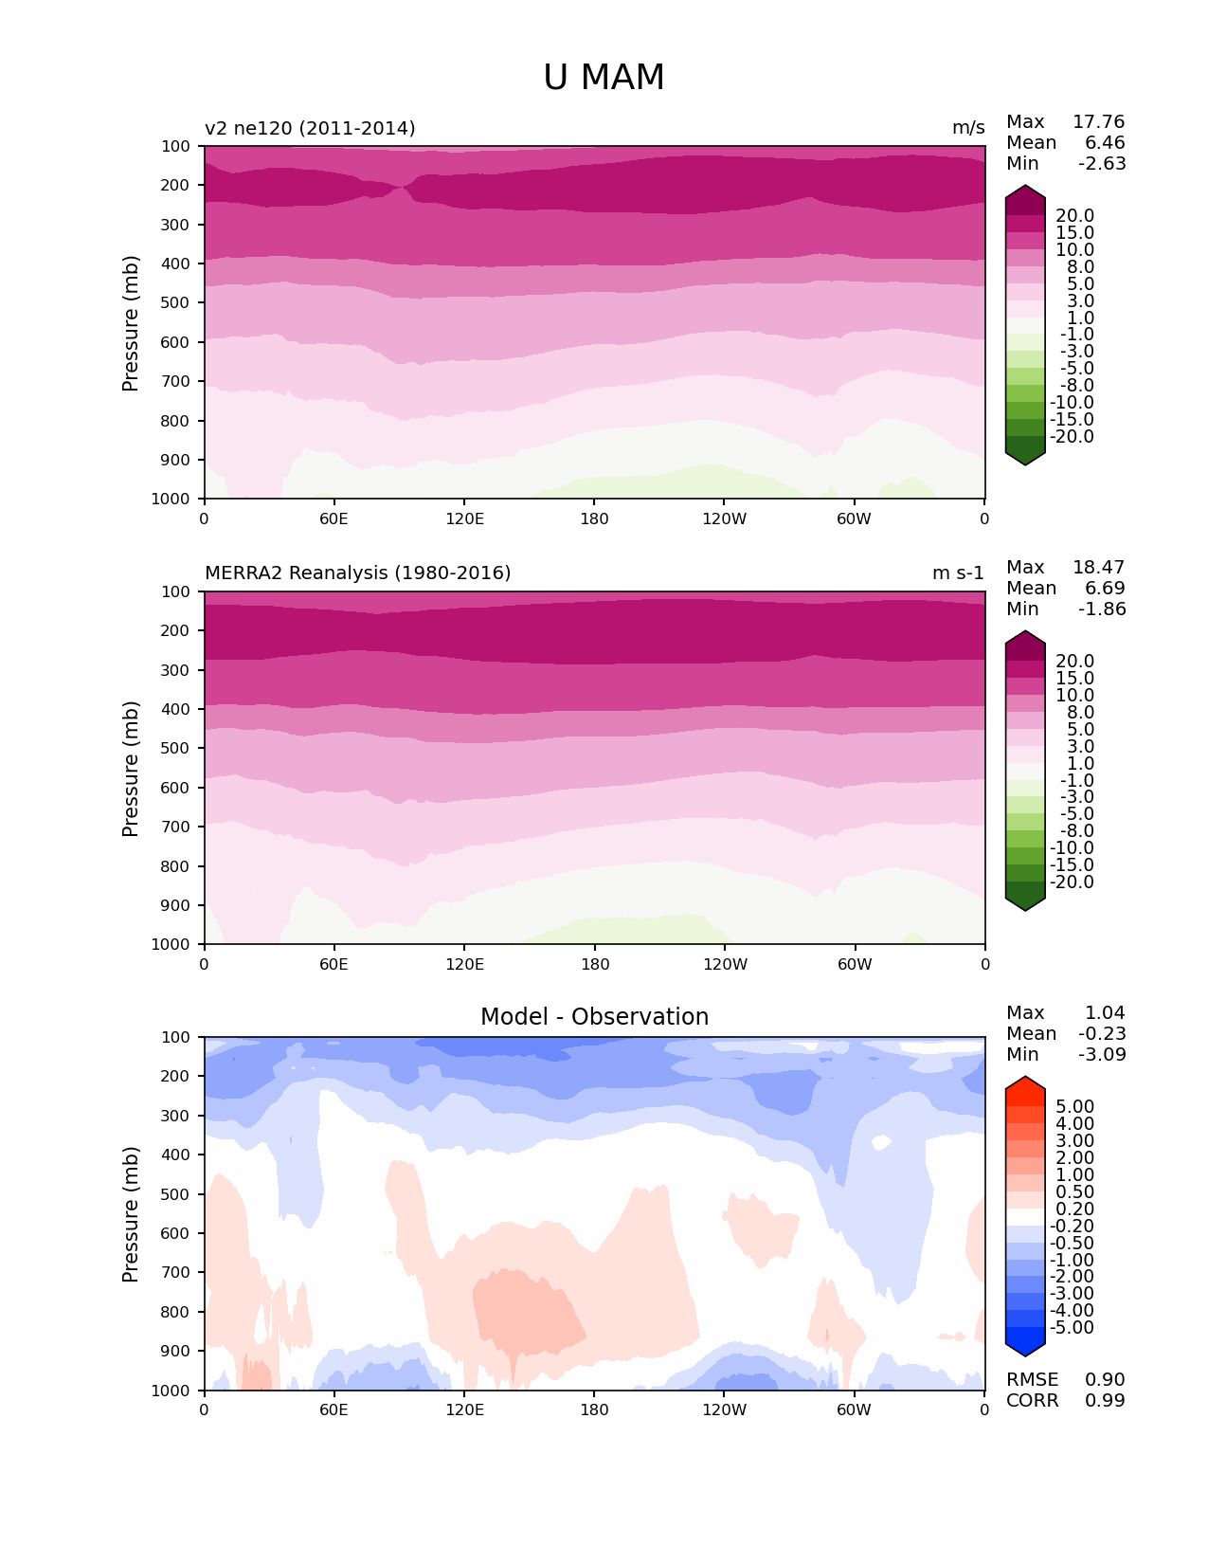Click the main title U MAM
pos(604,78)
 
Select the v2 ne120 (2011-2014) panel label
pos(310,129)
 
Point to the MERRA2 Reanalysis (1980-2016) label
pos(357,573)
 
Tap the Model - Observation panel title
pos(594,1017)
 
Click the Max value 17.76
pos(1098,122)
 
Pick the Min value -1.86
pos(1102,609)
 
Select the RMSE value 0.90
pos(1105,1380)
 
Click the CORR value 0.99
pos(1105,1401)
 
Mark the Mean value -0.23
pos(1102,1034)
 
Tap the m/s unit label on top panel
pos(968,129)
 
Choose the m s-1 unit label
pos(958,573)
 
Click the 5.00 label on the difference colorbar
pos(1075,1107)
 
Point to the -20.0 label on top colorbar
pos(1073,437)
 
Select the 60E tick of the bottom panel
pos(334,1410)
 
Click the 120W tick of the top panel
pos(724,519)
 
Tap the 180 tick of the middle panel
pos(594,965)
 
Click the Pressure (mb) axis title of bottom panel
pos(131,1214)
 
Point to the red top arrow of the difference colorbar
pos(1025,1086)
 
